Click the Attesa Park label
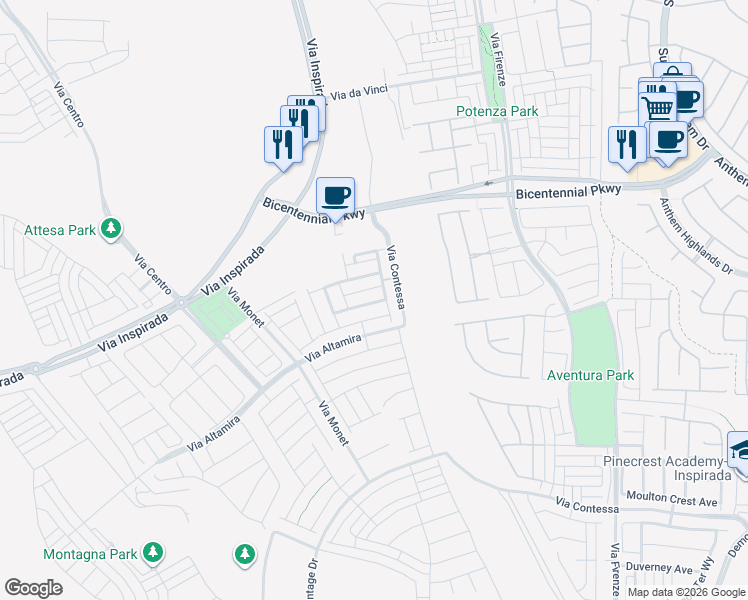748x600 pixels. pos(60,230)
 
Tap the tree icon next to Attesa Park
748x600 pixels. pos(113,230)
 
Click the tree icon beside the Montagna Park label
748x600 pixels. pos(152,552)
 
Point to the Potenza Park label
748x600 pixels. pos(497,111)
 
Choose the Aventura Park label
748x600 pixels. pos(590,375)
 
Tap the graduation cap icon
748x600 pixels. pos(740,450)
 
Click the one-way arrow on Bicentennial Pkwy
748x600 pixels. pos(489,182)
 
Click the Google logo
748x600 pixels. pos(33,588)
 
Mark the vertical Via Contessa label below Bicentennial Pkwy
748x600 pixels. pos(395,277)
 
